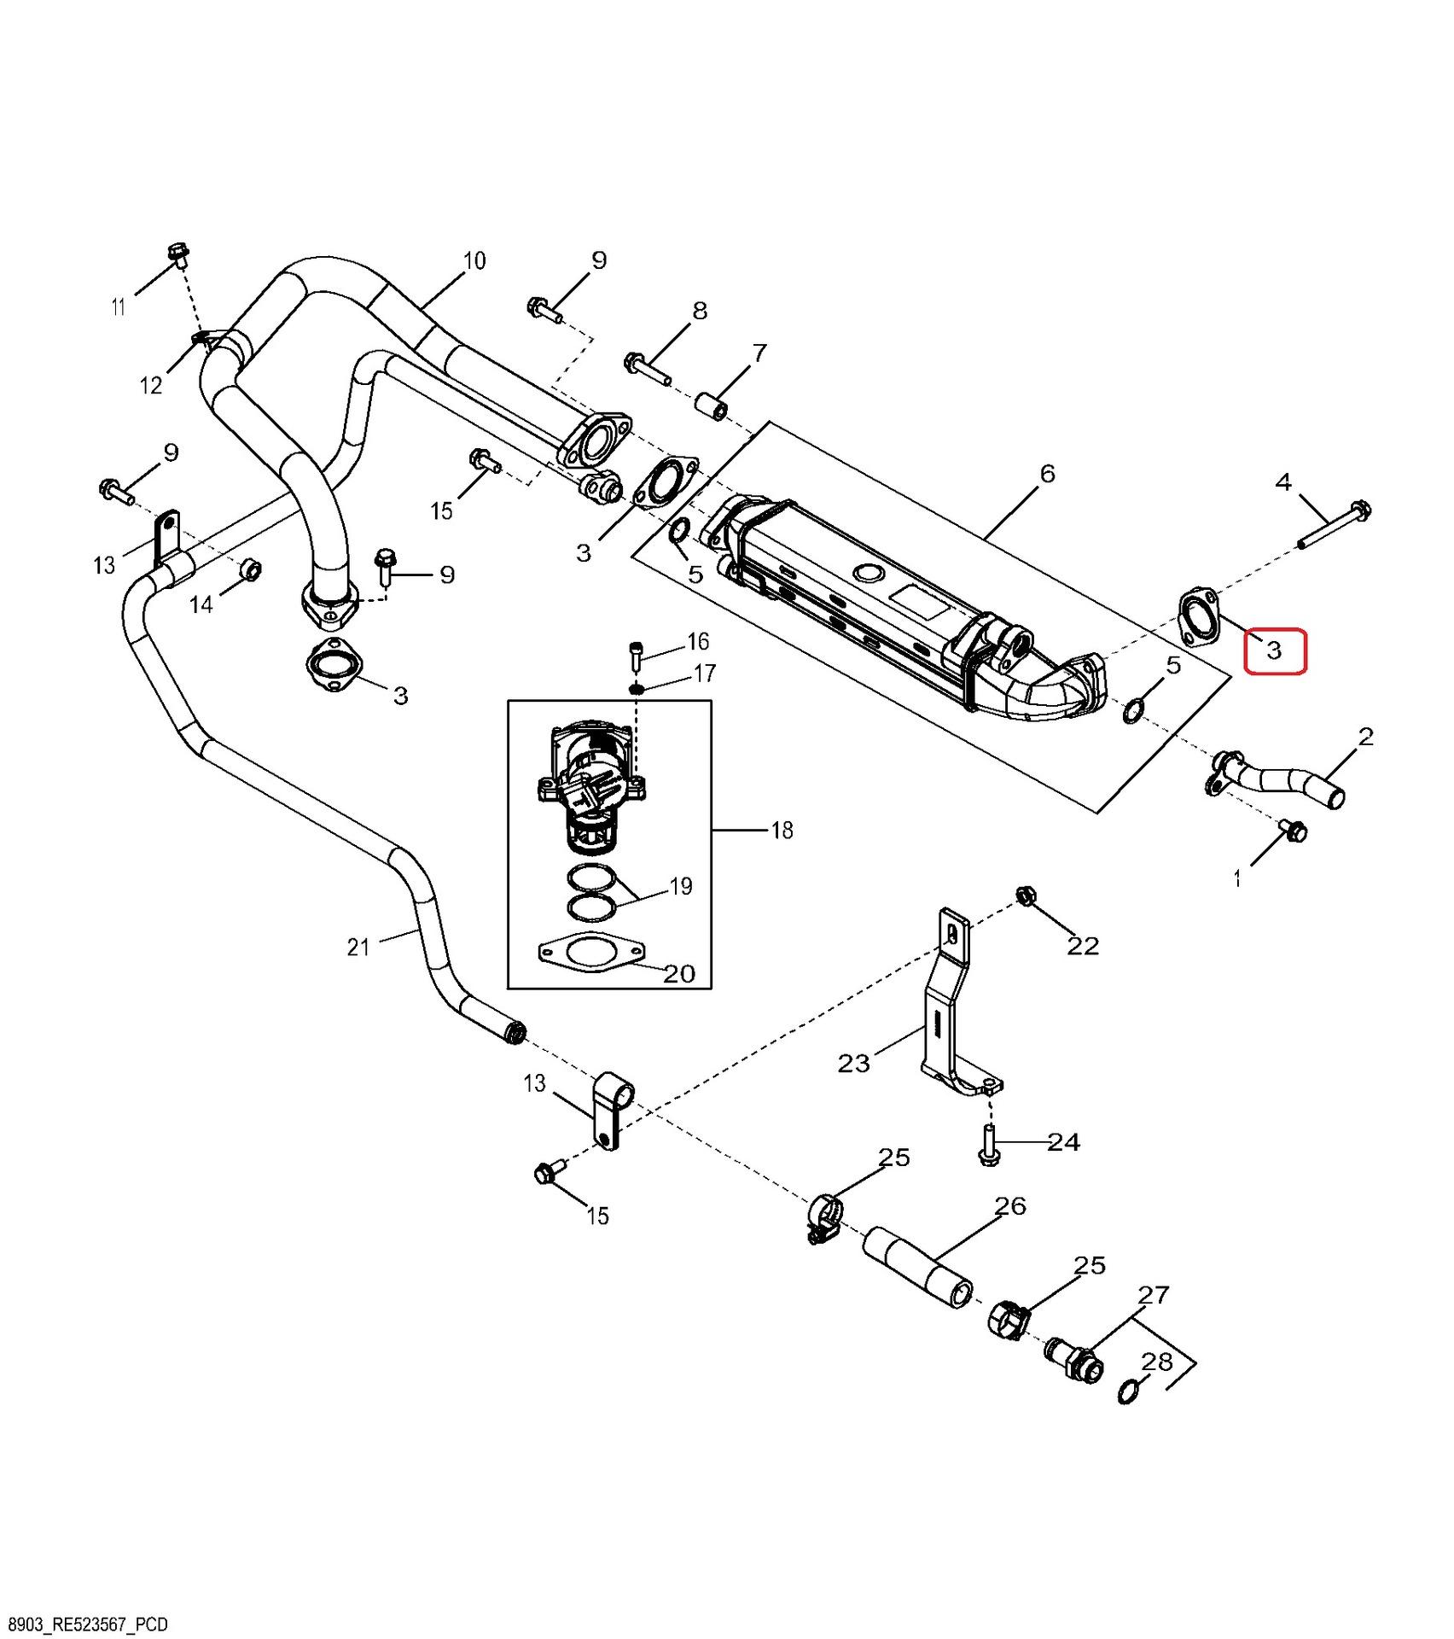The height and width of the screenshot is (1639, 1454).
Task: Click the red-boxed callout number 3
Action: [1274, 651]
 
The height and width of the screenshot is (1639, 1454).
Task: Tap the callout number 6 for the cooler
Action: [1048, 473]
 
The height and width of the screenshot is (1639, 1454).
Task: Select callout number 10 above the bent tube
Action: [474, 260]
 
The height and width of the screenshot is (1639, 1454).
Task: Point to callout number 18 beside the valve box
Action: [782, 830]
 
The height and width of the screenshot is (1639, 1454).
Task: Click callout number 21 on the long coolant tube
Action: [358, 946]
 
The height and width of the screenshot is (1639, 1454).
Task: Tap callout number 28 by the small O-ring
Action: [1157, 1362]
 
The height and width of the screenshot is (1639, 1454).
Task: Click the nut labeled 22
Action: [1026, 896]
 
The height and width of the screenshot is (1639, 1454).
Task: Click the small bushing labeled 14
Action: [250, 569]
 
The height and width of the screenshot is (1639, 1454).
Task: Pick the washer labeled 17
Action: [637, 687]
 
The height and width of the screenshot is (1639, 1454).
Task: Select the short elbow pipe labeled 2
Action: [1275, 775]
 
